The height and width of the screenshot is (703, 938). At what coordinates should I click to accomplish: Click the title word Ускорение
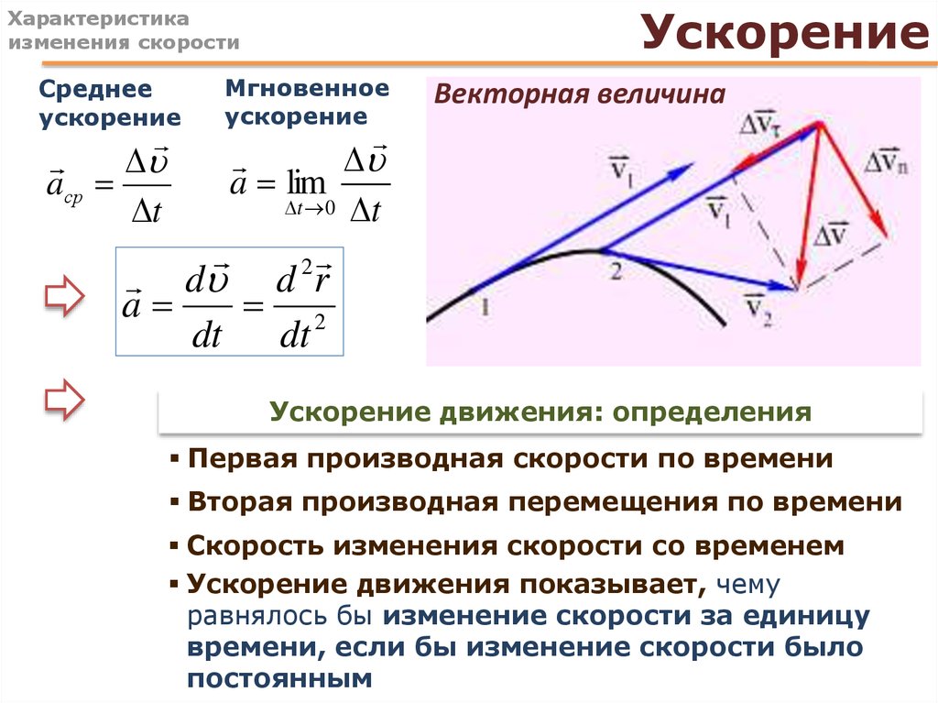(785, 32)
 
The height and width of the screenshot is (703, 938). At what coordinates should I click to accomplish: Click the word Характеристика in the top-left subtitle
(98, 19)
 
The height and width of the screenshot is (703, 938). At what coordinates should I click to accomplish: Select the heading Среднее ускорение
(110, 103)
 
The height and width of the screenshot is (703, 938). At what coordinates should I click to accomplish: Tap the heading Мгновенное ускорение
(307, 102)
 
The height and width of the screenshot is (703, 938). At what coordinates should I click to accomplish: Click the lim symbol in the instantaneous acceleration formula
(306, 182)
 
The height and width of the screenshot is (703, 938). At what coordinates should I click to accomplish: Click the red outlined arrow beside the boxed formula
(65, 296)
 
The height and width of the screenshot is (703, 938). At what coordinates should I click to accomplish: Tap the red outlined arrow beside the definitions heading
(65, 400)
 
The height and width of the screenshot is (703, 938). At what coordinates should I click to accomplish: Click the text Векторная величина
(579, 94)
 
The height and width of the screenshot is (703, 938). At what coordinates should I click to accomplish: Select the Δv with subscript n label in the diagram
(886, 159)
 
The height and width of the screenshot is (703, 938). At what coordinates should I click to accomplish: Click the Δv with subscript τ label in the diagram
(759, 124)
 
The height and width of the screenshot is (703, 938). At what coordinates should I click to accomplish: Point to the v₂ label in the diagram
(758, 310)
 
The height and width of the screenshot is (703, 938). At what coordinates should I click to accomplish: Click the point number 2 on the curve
(616, 271)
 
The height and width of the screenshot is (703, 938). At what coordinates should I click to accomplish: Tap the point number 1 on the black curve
(485, 308)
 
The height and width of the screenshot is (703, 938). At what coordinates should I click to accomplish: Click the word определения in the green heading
(712, 412)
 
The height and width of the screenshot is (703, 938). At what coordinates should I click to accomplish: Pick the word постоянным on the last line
(279, 678)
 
